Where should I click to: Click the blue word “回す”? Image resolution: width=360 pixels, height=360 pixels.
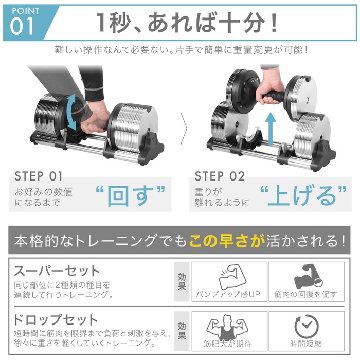(x=131, y=195)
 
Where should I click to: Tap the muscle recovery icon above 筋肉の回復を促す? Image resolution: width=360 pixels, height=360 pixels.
(x=305, y=277)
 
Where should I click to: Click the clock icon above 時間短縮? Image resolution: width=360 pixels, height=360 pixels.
(x=306, y=327)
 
